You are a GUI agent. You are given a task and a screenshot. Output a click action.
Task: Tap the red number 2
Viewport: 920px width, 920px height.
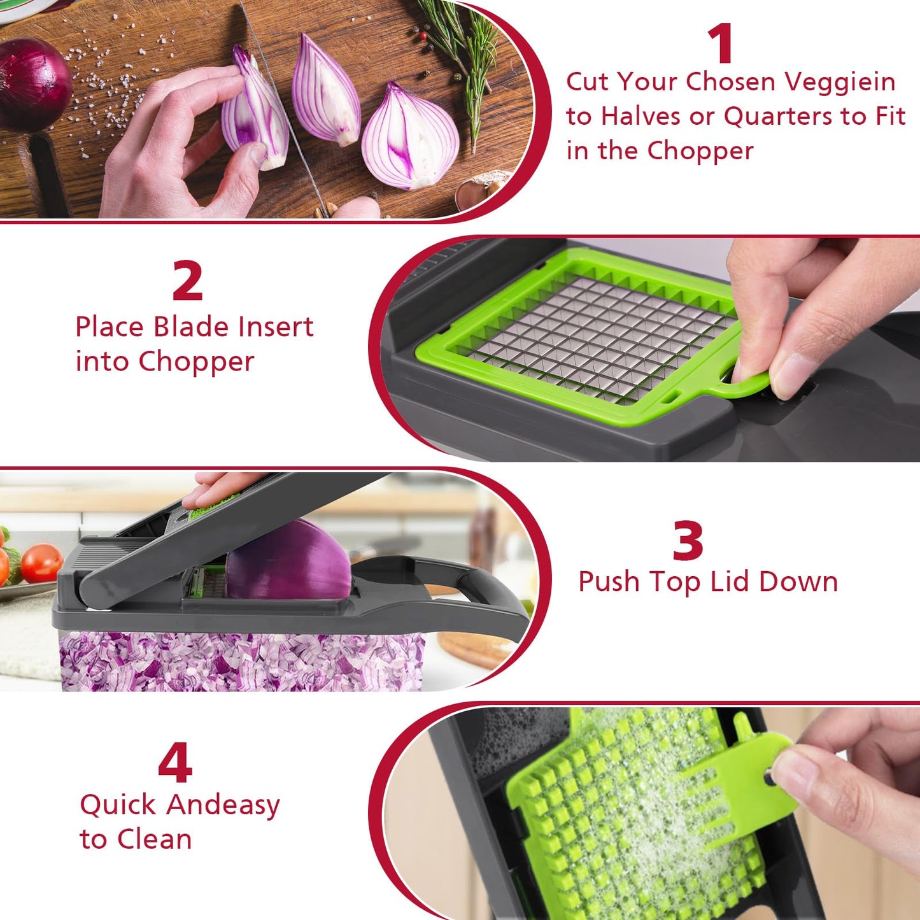pyautogui.click(x=187, y=281)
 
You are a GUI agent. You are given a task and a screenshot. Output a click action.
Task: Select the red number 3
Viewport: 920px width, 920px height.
pyautogui.click(x=688, y=541)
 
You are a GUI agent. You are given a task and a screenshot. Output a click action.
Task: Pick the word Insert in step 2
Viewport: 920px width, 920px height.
pyautogui.click(x=276, y=327)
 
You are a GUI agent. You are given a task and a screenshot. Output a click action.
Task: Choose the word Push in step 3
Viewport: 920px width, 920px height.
pyautogui.click(x=609, y=583)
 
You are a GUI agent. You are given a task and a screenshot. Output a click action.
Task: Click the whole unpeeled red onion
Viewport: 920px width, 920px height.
pyautogui.click(x=32, y=83)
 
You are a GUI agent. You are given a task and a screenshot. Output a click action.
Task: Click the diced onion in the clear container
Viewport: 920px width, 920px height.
pyautogui.click(x=242, y=662)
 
